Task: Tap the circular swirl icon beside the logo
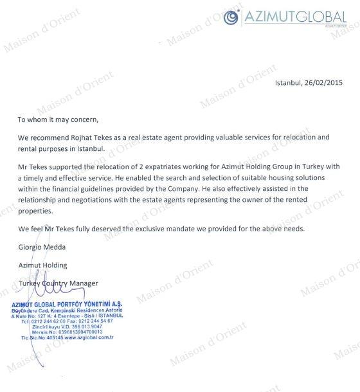230,17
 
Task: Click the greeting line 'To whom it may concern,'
59,120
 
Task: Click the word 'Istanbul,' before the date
291,83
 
